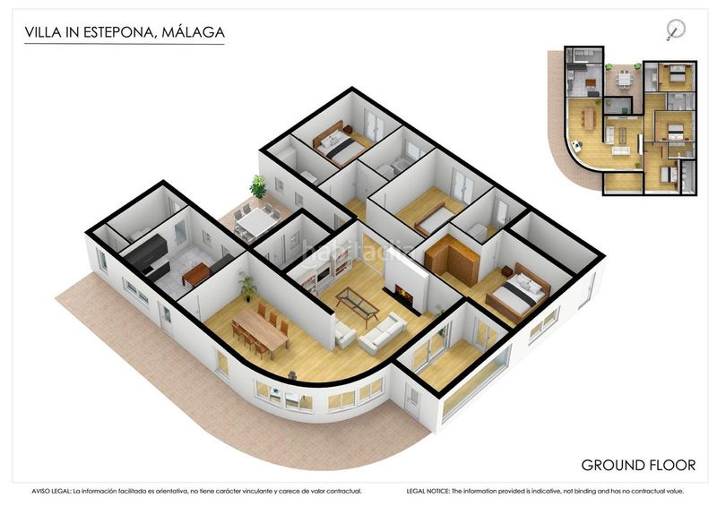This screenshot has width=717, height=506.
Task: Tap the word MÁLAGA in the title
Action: coord(193,34)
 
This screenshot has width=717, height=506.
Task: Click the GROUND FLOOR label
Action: coord(637,465)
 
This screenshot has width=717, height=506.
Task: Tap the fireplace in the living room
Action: coord(401,296)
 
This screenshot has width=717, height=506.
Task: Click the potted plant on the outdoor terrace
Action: coord(258,187)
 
